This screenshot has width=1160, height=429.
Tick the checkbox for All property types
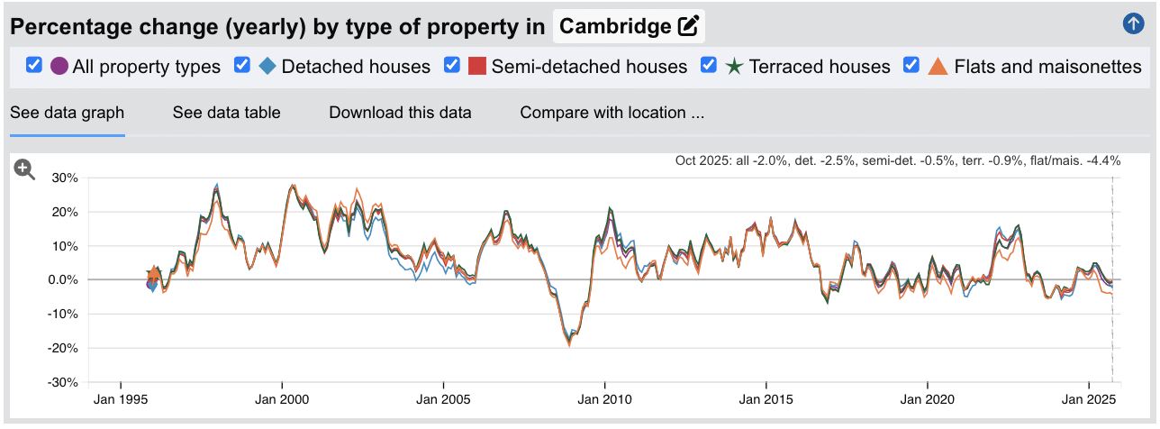point(34,65)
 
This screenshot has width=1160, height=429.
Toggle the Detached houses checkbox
point(241,65)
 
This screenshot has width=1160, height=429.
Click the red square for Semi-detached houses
point(478,67)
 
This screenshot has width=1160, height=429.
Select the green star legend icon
point(734,67)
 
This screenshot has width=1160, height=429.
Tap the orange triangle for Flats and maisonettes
point(938,67)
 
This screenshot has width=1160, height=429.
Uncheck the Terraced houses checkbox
point(709,65)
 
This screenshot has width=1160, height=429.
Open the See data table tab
point(226,113)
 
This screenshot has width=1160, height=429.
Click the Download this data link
point(400,113)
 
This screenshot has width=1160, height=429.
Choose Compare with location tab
point(612,113)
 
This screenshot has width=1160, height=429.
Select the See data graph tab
point(67,113)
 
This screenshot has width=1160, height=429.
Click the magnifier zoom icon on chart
point(24,169)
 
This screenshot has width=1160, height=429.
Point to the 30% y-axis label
point(66,178)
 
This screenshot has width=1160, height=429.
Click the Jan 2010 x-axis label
point(604,399)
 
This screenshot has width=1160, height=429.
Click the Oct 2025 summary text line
point(897,161)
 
